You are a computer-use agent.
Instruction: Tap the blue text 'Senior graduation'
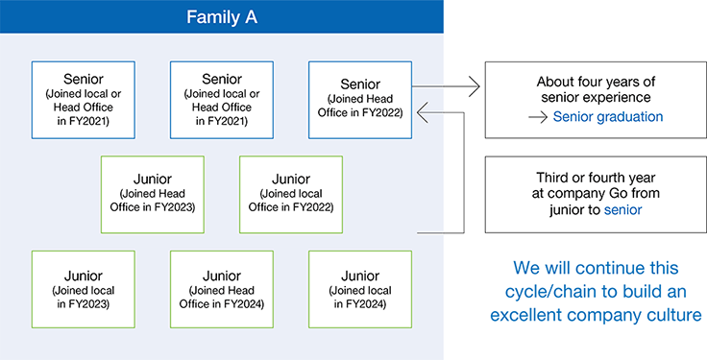click(x=608, y=117)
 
